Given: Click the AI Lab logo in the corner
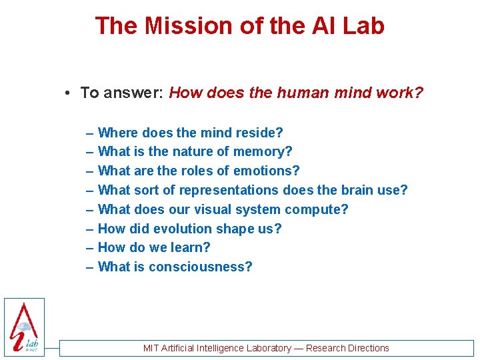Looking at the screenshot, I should pos(24,327).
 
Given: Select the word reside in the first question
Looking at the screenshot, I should pos(256,133).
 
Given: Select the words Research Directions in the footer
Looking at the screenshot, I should pos(349,348).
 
